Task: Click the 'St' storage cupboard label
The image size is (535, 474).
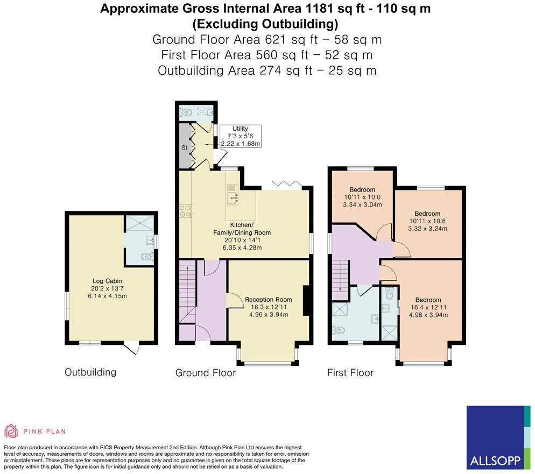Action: click(x=184, y=147)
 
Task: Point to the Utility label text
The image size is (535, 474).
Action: click(x=240, y=129)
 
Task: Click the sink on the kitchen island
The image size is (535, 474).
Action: click(x=234, y=197)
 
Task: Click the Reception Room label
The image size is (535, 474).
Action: click(x=269, y=300)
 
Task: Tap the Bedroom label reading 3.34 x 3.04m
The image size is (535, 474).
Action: click(x=362, y=204)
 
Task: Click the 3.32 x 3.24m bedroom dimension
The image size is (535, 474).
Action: click(x=427, y=229)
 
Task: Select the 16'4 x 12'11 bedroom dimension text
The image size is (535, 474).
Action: click(x=428, y=307)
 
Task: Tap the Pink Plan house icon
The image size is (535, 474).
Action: click(x=11, y=430)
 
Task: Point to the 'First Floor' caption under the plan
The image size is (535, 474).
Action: click(x=350, y=372)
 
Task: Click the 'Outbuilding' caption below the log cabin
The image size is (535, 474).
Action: click(x=90, y=372)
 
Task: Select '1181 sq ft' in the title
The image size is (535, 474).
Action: click(x=323, y=9)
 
